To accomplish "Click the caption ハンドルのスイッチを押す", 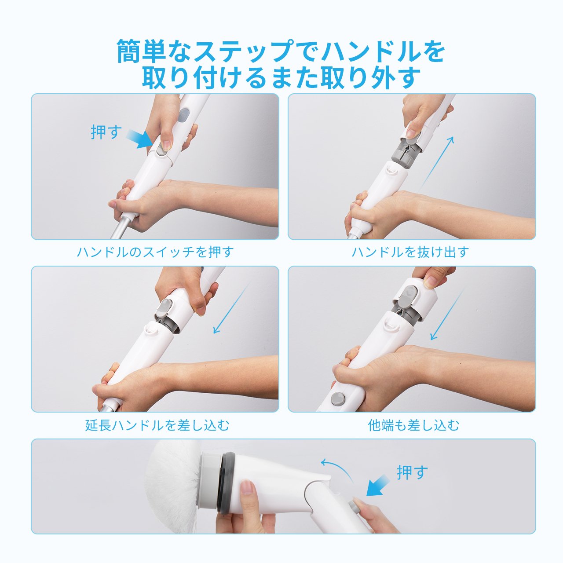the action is [x=155, y=252].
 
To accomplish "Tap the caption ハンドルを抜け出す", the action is [x=410, y=252].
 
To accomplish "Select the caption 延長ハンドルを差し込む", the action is [x=157, y=425].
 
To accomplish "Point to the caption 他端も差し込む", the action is [x=413, y=425].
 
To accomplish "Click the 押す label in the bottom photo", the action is [x=412, y=472].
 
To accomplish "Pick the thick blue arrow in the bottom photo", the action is [x=378, y=485].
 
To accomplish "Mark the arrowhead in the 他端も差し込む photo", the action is [x=434, y=336].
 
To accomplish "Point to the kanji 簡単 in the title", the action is [x=141, y=51].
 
